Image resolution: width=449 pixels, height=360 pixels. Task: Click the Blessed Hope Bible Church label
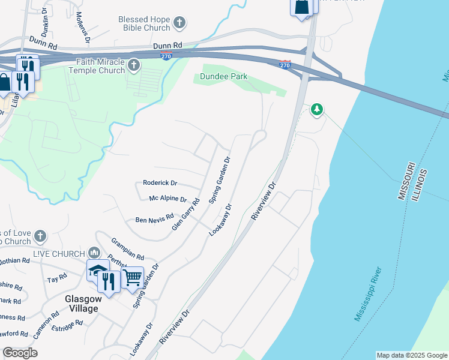pos(144,23)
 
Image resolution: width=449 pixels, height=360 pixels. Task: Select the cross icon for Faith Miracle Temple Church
pos(134,65)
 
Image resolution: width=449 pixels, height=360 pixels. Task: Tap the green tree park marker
pos(317,109)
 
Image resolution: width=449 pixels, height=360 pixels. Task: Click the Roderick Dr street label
pos(160,183)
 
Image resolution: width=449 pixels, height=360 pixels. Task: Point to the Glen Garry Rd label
pos(185,214)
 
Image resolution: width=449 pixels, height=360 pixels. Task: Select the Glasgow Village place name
pos(81,304)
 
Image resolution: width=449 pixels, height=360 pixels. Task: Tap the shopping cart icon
pos(133,277)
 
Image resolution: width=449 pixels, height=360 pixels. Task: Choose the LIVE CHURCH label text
pos(58,254)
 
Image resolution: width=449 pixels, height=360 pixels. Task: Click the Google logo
pos(20,353)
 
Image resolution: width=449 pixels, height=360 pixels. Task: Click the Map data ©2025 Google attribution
pos(411,355)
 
